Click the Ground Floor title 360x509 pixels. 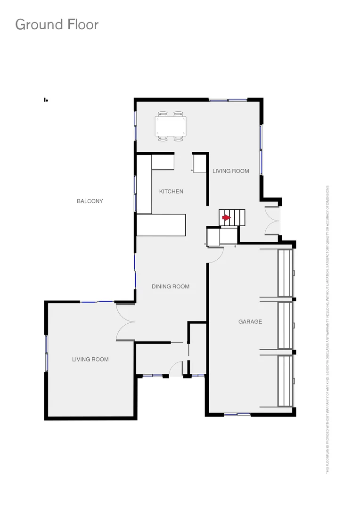point(57,25)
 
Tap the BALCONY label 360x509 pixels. point(90,201)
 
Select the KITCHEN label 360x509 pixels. point(171,191)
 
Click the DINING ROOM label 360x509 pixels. point(171,287)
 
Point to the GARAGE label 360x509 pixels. point(250,321)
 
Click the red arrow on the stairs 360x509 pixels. point(226,218)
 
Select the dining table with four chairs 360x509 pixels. point(171,126)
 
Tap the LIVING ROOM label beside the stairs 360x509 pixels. point(230,171)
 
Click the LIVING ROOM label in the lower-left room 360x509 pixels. point(90,359)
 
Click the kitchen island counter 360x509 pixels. point(161,225)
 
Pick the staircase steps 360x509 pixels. point(233,218)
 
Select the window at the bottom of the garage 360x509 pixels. point(237,414)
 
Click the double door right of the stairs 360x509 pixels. point(272,221)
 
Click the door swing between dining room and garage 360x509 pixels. point(216,254)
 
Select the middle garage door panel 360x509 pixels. point(286,325)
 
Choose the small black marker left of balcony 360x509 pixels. point(46,100)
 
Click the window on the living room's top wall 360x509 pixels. point(228,100)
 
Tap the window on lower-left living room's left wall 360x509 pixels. point(46,353)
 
